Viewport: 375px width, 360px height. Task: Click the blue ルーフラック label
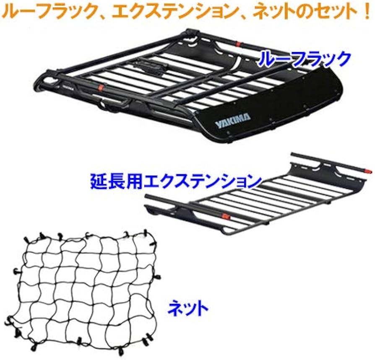tap(304, 59)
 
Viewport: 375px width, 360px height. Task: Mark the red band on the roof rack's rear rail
tap(238, 44)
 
